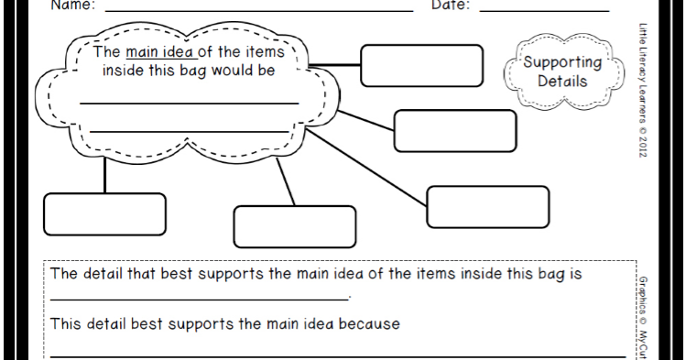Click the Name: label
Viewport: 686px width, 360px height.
tap(72, 5)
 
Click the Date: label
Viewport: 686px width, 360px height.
tap(451, 5)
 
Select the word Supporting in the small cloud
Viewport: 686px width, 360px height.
tap(562, 63)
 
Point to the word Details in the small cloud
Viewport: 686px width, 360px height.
tap(562, 81)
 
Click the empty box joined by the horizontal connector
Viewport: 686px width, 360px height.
tap(420, 63)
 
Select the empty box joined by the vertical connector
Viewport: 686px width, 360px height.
tap(104, 213)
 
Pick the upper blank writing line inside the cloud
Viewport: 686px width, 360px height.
tap(189, 103)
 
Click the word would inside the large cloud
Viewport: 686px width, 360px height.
tap(230, 70)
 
